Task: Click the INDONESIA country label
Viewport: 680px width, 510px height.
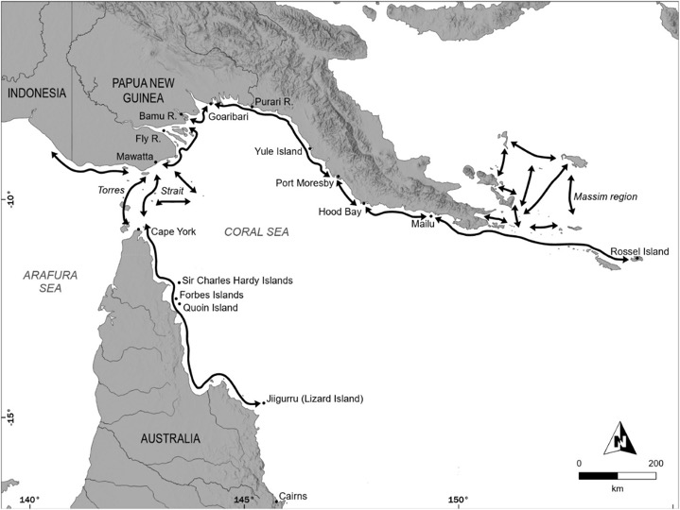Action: [35, 93]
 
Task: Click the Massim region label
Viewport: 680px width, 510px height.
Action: [605, 196]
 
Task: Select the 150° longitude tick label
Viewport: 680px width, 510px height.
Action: [458, 501]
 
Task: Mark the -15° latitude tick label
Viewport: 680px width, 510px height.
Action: [11, 416]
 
